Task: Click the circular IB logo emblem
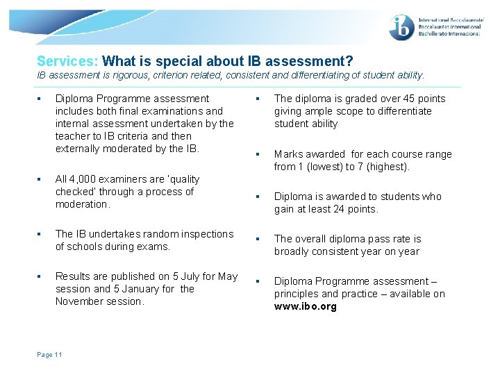pos(401,27)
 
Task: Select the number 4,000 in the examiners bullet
pos(83,179)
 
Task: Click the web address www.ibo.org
pos(305,306)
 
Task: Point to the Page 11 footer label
pos(49,355)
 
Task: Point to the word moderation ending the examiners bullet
pos(82,204)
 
